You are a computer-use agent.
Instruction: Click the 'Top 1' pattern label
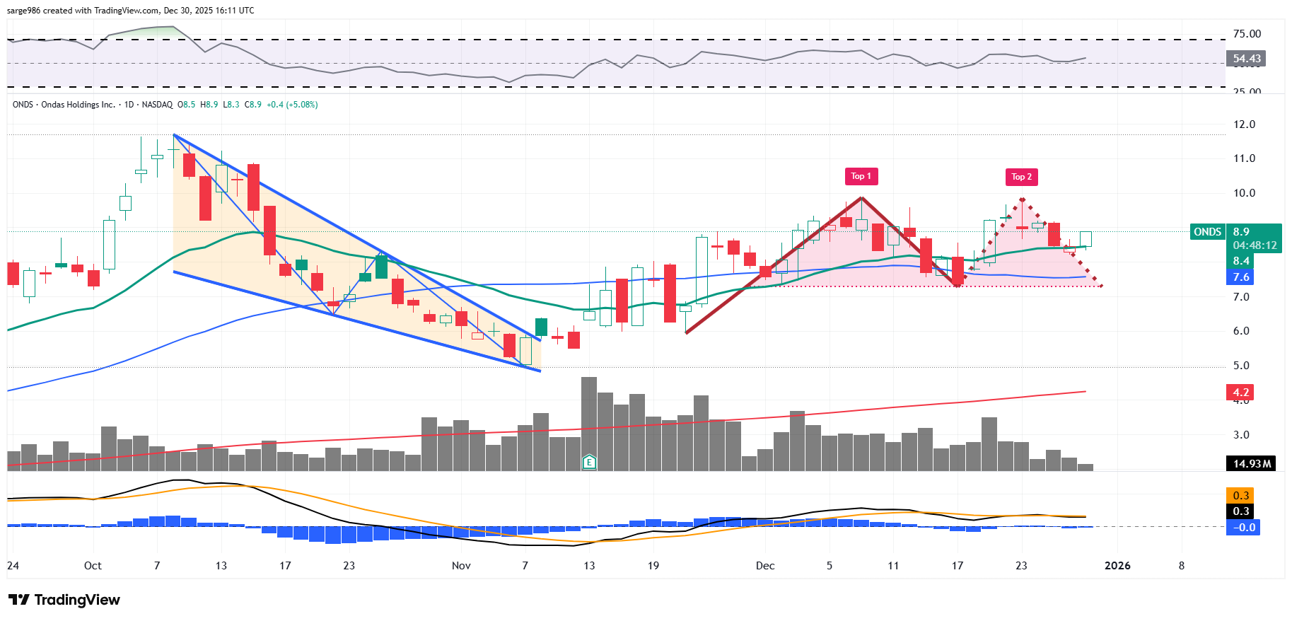point(861,176)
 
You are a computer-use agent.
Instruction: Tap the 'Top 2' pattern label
point(1021,177)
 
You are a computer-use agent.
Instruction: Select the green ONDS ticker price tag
point(1207,232)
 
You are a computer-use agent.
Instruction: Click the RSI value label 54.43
point(1246,59)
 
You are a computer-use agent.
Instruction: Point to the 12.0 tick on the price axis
point(1244,124)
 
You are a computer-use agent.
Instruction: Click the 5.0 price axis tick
point(1241,366)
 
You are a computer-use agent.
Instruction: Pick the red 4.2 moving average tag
point(1240,392)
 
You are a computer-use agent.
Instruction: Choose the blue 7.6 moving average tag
point(1240,277)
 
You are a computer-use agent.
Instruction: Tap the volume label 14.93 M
point(1251,464)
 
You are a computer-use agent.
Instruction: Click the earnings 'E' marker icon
point(589,463)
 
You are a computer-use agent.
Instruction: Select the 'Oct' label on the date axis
point(93,566)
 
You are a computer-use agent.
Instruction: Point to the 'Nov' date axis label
point(461,566)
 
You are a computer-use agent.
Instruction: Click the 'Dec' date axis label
point(765,566)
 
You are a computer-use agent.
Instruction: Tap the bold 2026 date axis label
point(1117,566)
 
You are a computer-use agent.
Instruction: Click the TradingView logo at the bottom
point(64,600)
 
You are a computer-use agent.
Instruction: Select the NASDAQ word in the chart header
point(157,105)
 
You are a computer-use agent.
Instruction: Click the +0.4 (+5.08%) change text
point(292,105)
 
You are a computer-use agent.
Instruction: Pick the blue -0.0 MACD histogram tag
point(1244,527)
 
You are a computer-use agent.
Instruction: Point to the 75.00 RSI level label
point(1247,34)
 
